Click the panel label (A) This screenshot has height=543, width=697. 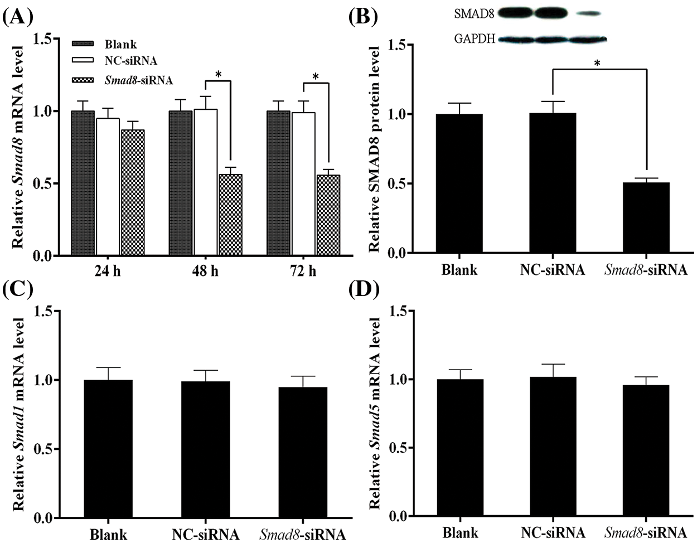click(18, 17)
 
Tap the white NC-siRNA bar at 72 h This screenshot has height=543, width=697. click(303, 184)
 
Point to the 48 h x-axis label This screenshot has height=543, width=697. click(205, 272)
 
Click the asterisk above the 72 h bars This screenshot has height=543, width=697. click(316, 76)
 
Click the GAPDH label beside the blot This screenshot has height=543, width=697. click(475, 40)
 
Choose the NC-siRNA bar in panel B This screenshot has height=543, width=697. click(553, 183)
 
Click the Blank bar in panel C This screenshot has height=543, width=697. click(109, 449)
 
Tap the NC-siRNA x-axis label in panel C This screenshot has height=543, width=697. click(206, 535)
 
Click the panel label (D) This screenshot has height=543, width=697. click(364, 290)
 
